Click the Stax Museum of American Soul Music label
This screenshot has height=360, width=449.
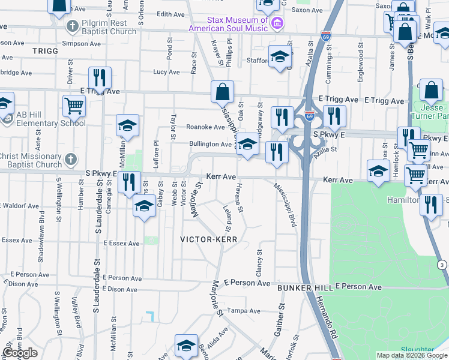228,24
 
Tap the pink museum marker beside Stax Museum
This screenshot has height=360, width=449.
277,24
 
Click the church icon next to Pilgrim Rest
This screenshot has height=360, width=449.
72,27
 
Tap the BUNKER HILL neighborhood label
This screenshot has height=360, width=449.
304,289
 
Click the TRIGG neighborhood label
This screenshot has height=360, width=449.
45,52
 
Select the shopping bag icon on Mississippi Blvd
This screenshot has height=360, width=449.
222,92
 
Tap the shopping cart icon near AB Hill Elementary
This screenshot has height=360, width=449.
74,106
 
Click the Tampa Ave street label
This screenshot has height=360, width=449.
246,311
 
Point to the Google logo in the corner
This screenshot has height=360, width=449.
20,353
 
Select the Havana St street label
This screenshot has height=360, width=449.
238,198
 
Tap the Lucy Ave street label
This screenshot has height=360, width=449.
166,72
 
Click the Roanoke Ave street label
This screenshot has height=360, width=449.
205,127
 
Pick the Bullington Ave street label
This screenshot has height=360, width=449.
210,144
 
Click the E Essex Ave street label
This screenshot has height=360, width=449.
121,244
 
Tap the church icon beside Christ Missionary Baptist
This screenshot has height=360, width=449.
71,160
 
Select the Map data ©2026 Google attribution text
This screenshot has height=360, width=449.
411,355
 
